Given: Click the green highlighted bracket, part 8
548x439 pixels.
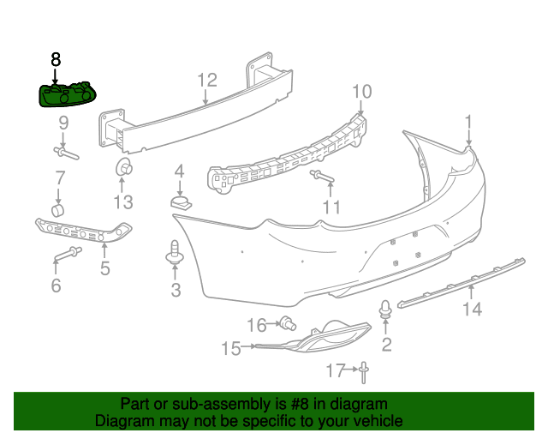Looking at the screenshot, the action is pyautogui.click(x=67, y=95).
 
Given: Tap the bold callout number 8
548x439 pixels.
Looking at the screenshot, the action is pyautogui.click(x=56, y=59).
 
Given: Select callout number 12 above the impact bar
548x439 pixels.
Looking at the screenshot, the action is pyautogui.click(x=207, y=80).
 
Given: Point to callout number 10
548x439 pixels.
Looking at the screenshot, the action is pyautogui.click(x=361, y=92).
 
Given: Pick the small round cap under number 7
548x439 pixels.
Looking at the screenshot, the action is pyautogui.click(x=58, y=210).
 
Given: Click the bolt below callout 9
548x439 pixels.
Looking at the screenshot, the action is pyautogui.click(x=67, y=153).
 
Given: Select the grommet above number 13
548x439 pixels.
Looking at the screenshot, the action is pyautogui.click(x=124, y=167).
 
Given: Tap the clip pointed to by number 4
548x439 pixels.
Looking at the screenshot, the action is pyautogui.click(x=181, y=202).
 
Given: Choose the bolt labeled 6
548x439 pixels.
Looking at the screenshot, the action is pyautogui.click(x=68, y=255).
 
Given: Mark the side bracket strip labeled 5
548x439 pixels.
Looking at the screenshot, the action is pyautogui.click(x=83, y=230).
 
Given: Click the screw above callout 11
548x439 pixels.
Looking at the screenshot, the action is pyautogui.click(x=322, y=176).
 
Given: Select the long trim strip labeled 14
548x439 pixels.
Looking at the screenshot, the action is pyautogui.click(x=462, y=282).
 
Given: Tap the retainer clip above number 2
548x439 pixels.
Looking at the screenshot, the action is pyautogui.click(x=385, y=309).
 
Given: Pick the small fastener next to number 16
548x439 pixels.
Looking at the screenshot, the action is pyautogui.click(x=289, y=323).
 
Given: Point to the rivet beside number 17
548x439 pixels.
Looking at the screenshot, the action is pyautogui.click(x=364, y=373).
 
